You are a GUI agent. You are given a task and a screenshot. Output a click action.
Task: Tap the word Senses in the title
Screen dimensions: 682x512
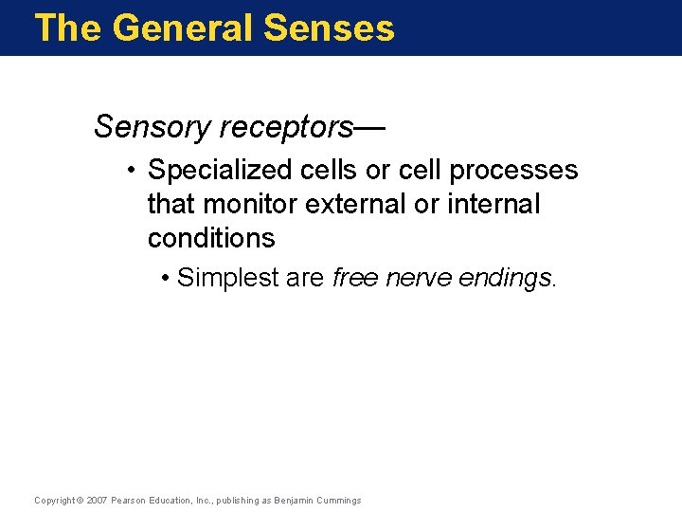click(329, 27)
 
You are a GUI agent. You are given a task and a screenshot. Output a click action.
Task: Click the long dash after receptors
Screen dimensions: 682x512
click(371, 126)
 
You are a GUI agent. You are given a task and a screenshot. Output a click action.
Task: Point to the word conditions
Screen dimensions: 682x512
click(211, 237)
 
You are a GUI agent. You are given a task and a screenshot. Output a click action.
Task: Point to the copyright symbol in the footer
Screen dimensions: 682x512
click(79, 501)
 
